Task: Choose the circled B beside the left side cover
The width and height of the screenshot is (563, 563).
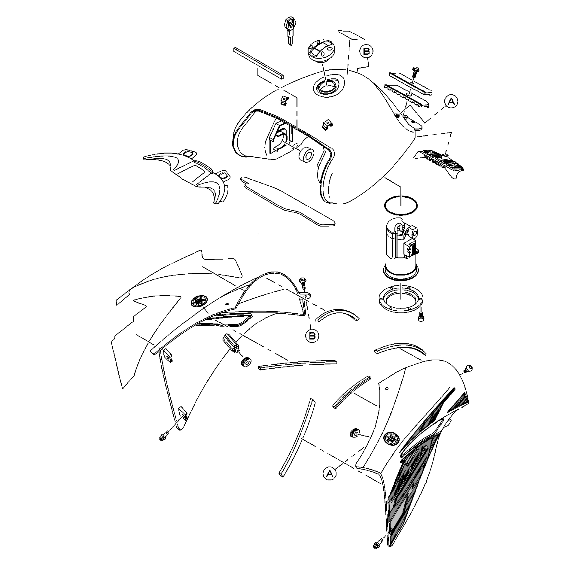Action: point(312,335)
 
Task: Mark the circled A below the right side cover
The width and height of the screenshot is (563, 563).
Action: point(330,474)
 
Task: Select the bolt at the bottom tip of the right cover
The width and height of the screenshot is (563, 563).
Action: point(377,552)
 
